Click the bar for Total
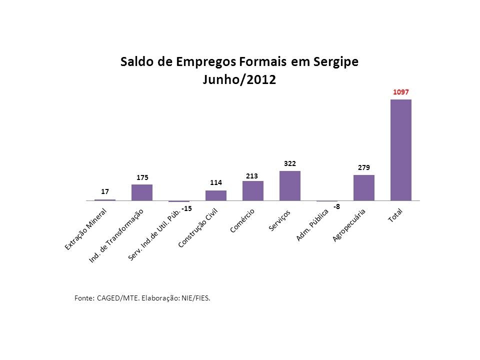[400, 150]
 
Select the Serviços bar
[289, 185]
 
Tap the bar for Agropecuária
[363, 187]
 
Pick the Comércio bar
[252, 190]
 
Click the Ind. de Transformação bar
[141, 192]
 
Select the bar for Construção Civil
[215, 195]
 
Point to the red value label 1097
[400, 92]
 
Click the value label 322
[289, 163]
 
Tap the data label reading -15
[187, 207]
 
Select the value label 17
[104, 191]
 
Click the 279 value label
[363, 168]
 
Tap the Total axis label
[398, 215]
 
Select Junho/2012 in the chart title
[239, 80]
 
